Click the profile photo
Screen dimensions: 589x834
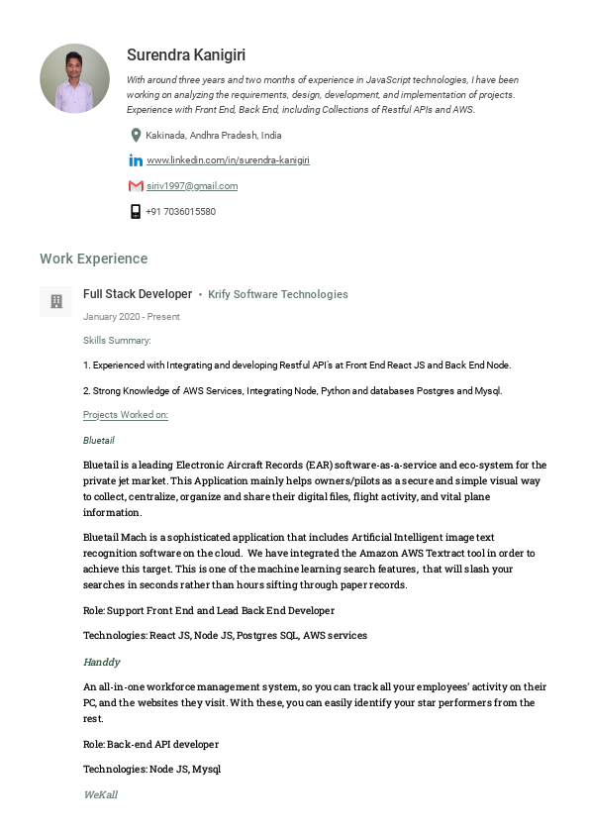coord(74,78)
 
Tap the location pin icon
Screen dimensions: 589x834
coord(136,135)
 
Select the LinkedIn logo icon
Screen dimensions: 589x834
coord(136,160)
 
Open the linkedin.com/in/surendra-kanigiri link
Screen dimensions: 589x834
coord(228,160)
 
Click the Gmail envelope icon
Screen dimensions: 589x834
coord(136,186)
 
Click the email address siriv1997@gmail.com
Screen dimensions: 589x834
coord(192,186)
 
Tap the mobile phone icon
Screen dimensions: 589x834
coord(136,211)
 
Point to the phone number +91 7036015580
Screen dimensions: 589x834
coord(180,211)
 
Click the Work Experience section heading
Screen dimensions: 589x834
coord(93,259)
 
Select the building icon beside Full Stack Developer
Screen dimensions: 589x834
coord(56,301)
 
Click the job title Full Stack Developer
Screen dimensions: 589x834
coord(138,294)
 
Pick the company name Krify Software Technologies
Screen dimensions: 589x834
coord(278,294)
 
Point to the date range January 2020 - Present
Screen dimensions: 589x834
coord(132,317)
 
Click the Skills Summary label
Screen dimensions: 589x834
coord(117,340)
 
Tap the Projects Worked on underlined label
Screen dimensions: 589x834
coord(126,415)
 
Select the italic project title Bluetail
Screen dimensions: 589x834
coord(100,439)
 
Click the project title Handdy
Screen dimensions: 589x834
coord(102,662)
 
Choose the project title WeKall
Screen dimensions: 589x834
coord(100,794)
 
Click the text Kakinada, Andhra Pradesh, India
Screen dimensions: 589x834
coord(214,135)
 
